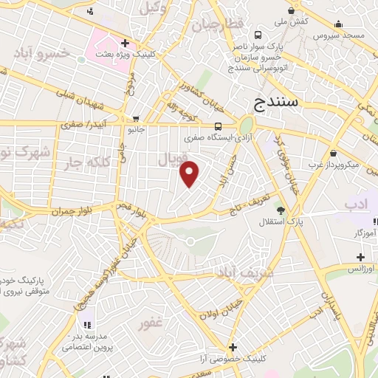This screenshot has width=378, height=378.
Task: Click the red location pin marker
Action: coord(190,173)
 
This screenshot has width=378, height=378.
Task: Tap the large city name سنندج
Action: coord(275,102)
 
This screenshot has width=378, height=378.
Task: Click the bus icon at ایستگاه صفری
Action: coord(219,126)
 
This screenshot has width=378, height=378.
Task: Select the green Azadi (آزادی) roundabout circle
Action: coord(246,125)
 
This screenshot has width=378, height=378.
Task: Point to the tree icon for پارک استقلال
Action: coord(279,210)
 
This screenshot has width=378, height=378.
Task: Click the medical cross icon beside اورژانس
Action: coord(360,257)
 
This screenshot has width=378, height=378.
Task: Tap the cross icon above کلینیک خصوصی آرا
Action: coord(233,347)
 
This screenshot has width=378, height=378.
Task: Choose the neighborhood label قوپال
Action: coord(173,159)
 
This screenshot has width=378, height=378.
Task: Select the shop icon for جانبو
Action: coord(135,118)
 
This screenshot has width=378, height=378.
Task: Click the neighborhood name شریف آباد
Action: coord(244,272)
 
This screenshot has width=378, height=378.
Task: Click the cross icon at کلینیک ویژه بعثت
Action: coord(126,43)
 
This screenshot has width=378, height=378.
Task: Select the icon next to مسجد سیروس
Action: coord(338,24)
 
